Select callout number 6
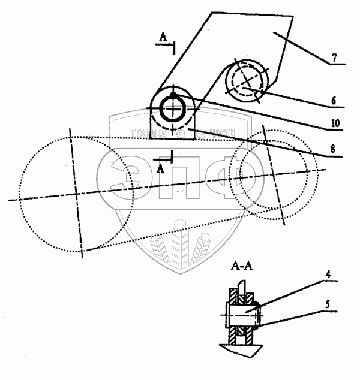click(333, 101)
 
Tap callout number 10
click(336, 124)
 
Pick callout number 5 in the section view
click(326, 304)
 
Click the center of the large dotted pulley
click(76, 193)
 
